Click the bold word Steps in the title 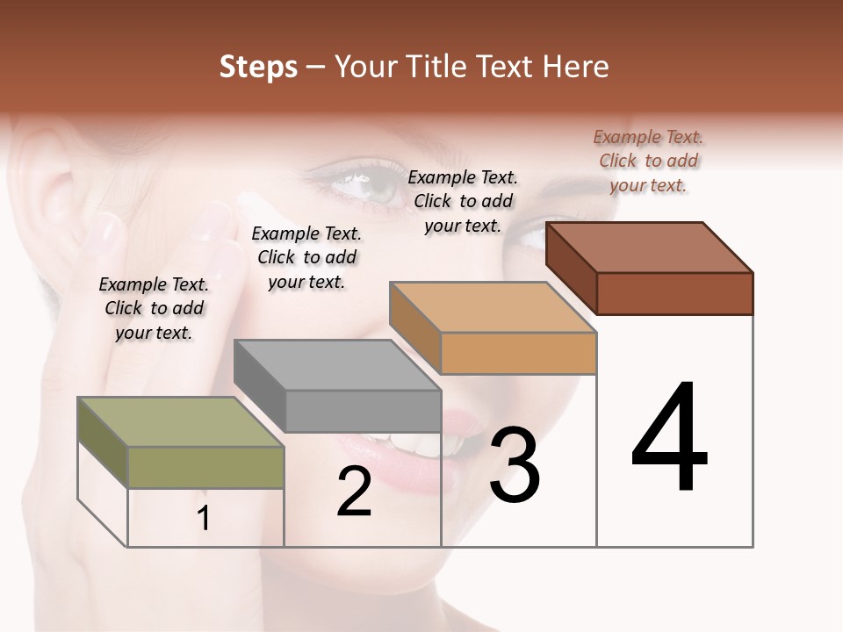coord(258,67)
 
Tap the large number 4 coord(669,439)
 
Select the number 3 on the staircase coord(515,465)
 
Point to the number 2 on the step coord(354,492)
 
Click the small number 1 coord(204,519)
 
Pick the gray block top coord(336,365)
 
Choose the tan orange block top coord(493,307)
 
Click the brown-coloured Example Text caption coord(648,162)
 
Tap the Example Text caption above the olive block coord(154,308)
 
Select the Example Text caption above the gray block coord(306,257)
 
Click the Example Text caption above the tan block coord(463,201)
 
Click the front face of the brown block coord(674,293)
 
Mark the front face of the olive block coord(205,467)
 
